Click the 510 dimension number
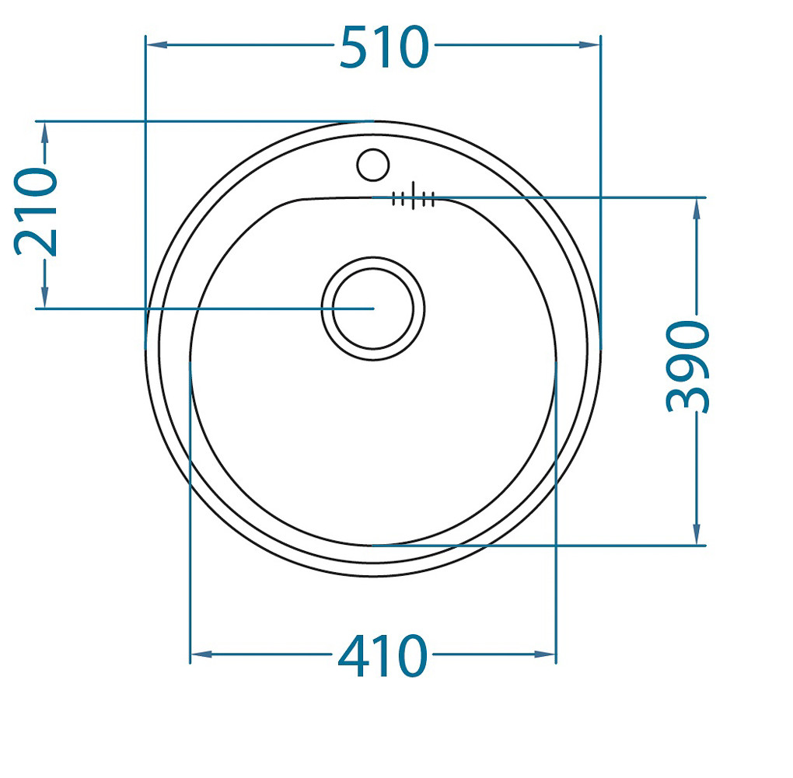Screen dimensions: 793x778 (384, 47)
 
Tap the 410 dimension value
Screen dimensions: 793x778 (383, 656)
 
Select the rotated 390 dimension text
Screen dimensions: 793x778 (688, 366)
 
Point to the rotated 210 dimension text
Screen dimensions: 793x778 (36, 211)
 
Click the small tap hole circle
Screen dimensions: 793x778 (372, 164)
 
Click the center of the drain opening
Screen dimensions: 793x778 (373, 309)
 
